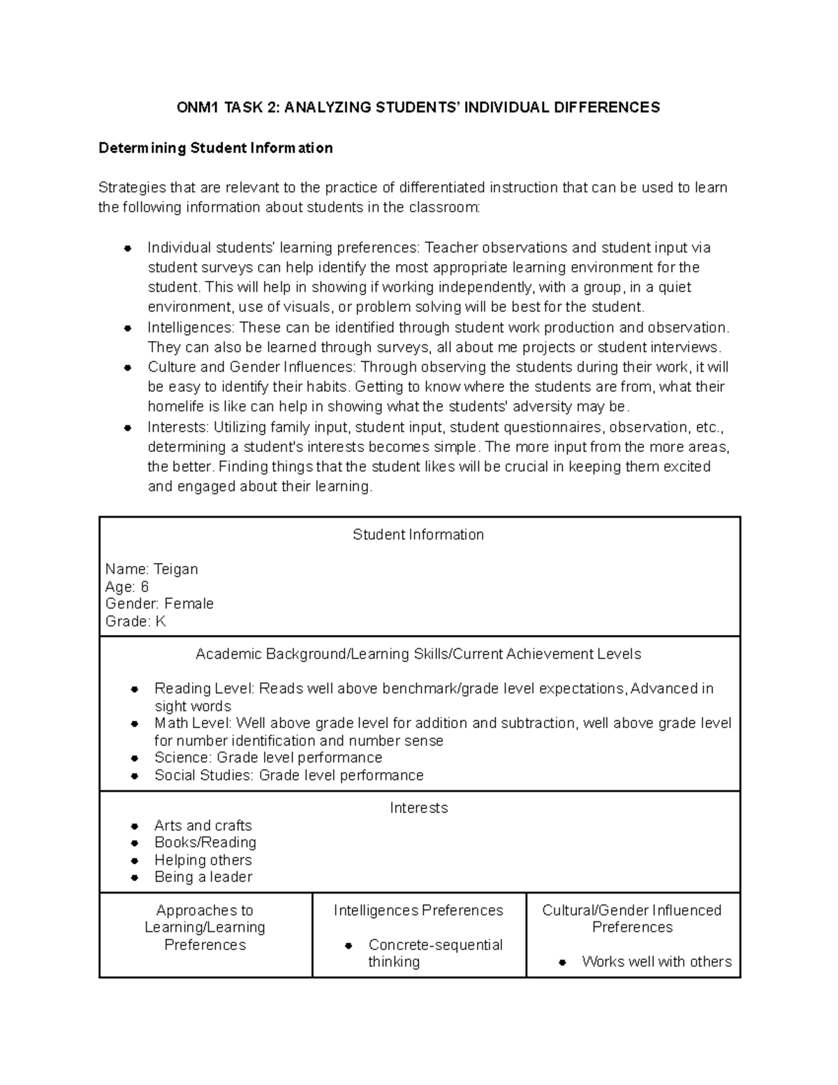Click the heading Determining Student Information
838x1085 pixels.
pos(215,148)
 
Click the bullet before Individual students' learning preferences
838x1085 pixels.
pos(128,248)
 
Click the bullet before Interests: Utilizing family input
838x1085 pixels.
pos(128,428)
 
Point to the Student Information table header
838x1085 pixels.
pos(418,535)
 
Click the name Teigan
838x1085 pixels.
pos(175,569)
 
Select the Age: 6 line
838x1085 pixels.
pos(126,587)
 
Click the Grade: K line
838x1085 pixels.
pos(135,621)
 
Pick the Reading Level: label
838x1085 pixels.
pos(205,689)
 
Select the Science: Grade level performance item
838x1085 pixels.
pos(268,758)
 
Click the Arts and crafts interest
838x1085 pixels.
pos(203,826)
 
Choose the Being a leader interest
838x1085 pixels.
pos(203,878)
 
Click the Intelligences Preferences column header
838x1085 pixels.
pos(418,910)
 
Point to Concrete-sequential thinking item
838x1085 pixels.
pos(434,953)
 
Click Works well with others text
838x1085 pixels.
pos(656,962)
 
